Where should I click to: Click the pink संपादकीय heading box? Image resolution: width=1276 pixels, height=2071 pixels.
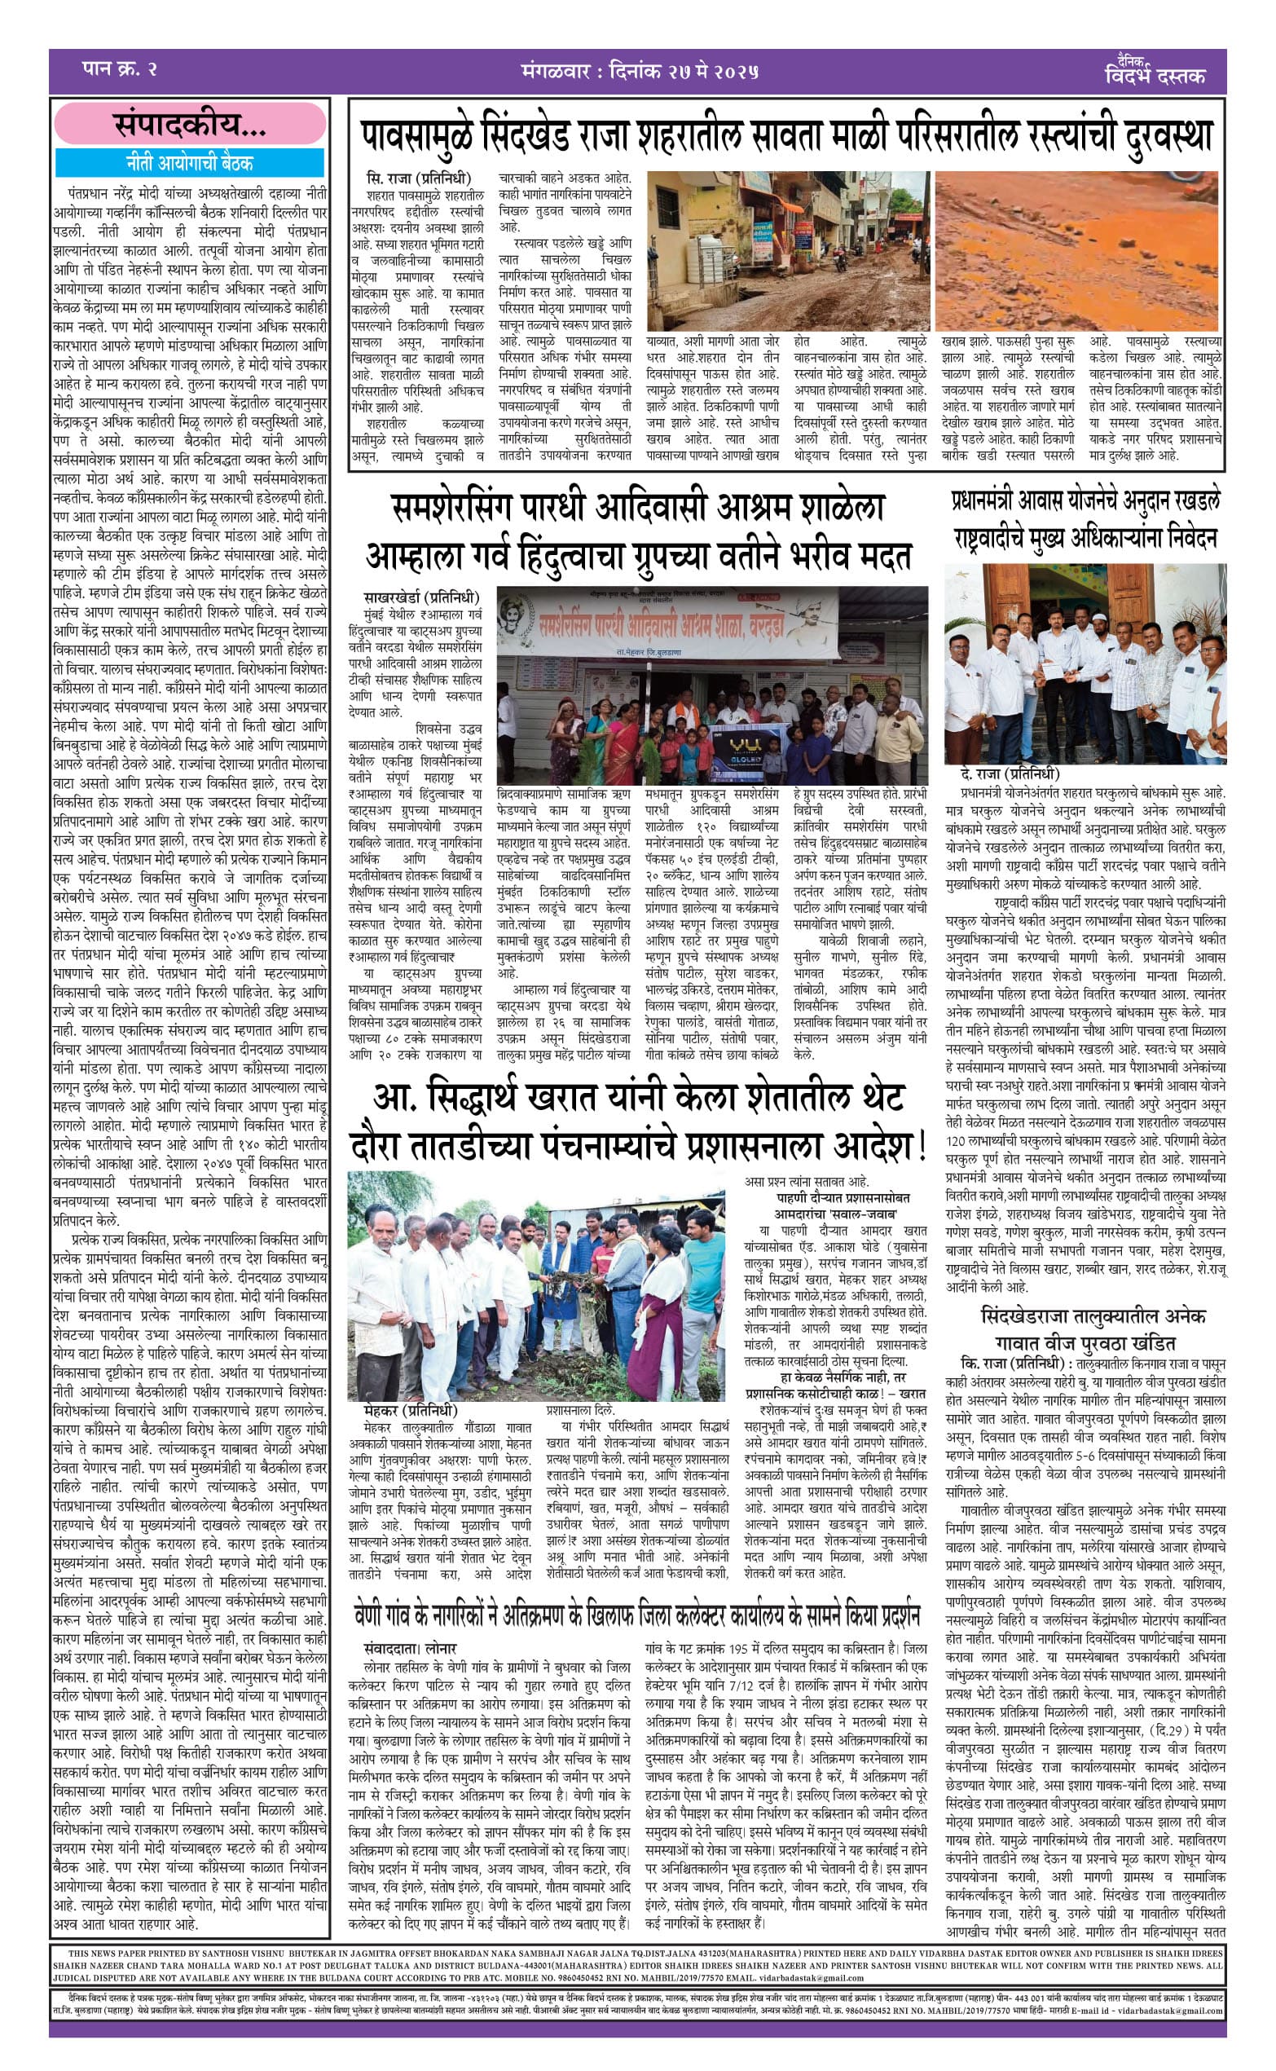coord(190,126)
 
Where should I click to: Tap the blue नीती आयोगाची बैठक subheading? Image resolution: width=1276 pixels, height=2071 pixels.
coord(190,162)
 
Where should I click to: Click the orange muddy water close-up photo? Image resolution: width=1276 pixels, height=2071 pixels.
coord(1077,252)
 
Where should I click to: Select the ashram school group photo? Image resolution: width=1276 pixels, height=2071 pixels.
coord(712,688)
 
